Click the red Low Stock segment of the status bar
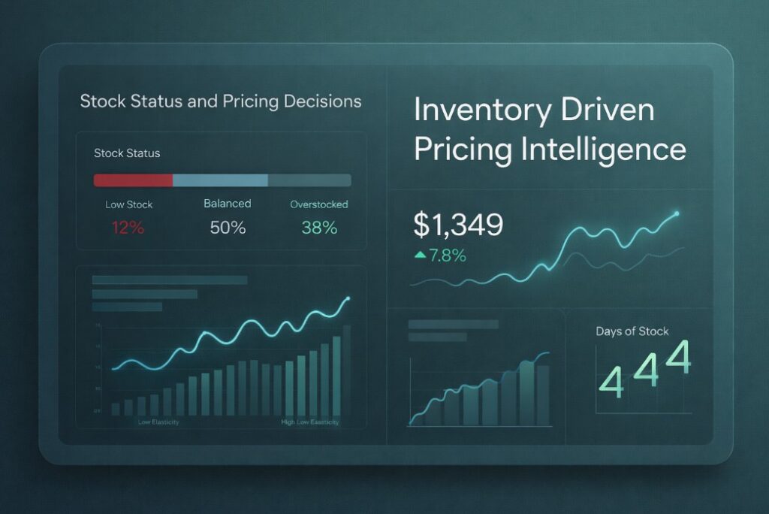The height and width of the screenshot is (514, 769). click(x=133, y=180)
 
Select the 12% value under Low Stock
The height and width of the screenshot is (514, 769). click(x=128, y=228)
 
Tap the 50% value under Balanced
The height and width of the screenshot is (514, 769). click(x=228, y=228)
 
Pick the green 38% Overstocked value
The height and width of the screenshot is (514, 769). click(x=319, y=228)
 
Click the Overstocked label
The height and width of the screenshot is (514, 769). click(x=319, y=204)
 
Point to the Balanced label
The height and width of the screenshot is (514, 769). click(x=228, y=204)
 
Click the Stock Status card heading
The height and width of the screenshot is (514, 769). click(x=127, y=153)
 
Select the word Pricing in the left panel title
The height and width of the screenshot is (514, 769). click(x=249, y=101)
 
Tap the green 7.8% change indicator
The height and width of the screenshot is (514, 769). click(x=448, y=255)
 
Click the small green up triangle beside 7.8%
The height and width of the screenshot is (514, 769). click(x=420, y=255)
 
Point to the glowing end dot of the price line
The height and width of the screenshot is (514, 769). click(x=677, y=214)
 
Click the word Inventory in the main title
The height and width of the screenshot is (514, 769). click(x=473, y=110)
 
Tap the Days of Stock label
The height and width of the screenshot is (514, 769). click(x=632, y=331)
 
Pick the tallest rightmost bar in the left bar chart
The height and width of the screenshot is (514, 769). click(x=347, y=370)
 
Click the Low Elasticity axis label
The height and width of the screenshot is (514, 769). click(x=158, y=422)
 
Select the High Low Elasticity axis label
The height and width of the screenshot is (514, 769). click(x=310, y=422)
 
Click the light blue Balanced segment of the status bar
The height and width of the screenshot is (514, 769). click(x=220, y=180)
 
